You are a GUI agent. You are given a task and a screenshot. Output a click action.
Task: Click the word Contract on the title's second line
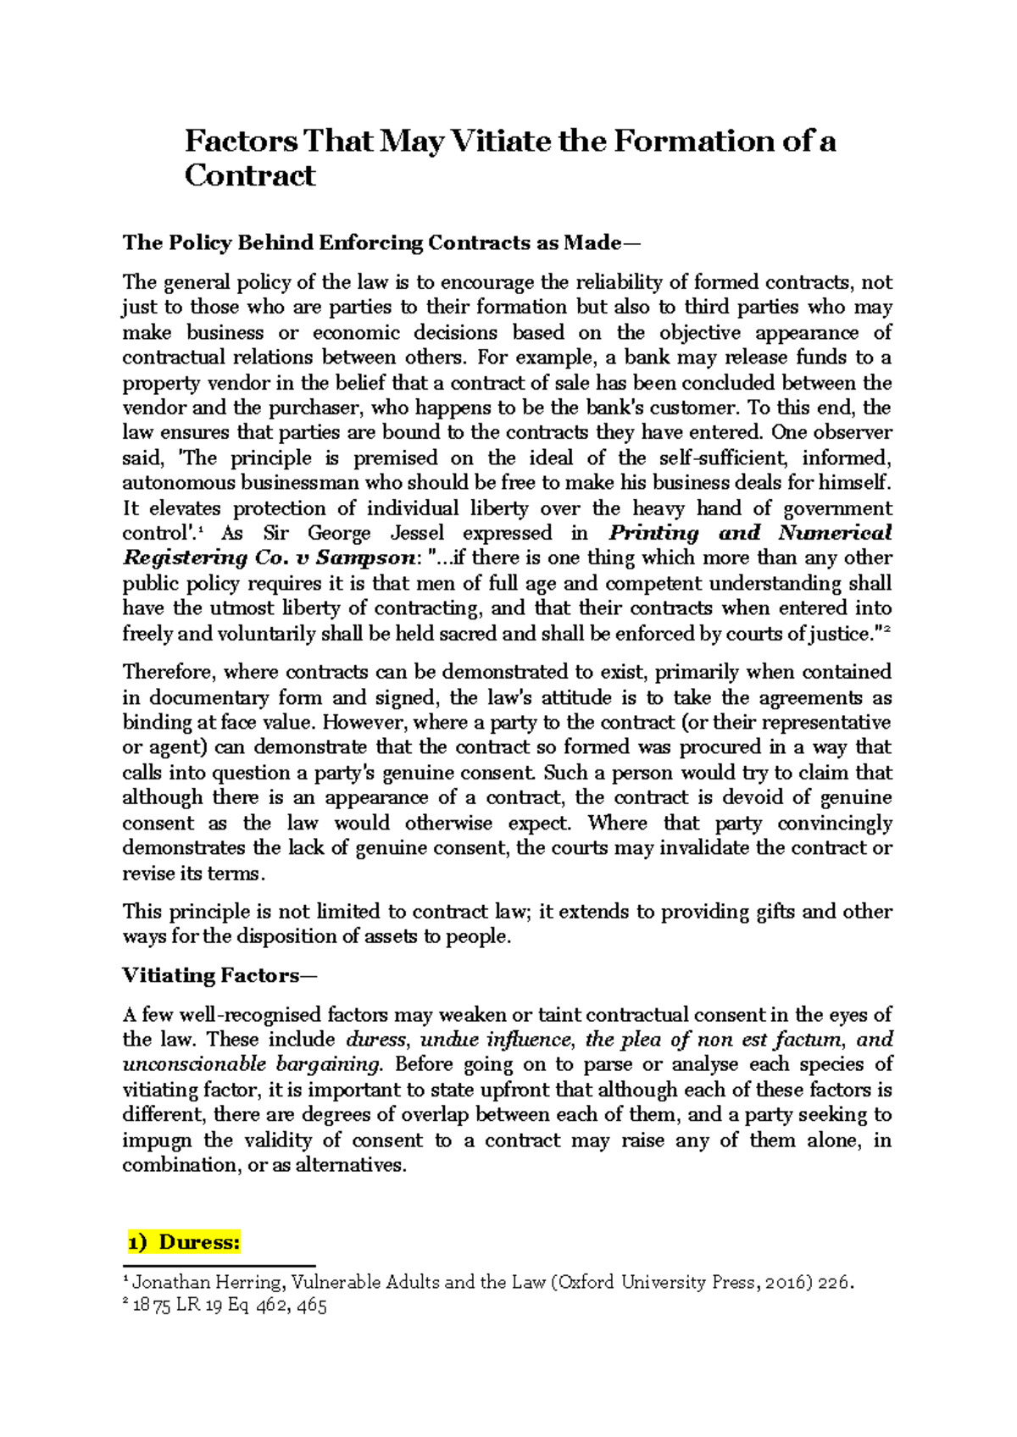tap(250, 175)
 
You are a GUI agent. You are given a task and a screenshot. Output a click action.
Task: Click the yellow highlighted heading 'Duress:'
tap(199, 1242)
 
